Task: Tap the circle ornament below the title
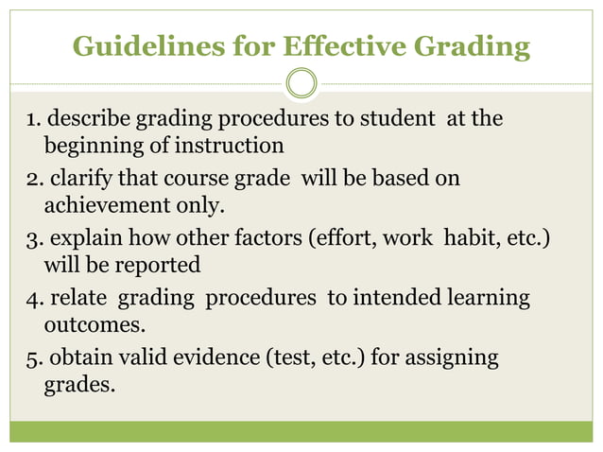click(301, 83)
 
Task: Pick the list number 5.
click(33, 358)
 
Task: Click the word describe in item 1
click(90, 120)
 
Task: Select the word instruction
click(233, 147)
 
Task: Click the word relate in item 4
click(78, 298)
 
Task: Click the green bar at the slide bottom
click(301, 431)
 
